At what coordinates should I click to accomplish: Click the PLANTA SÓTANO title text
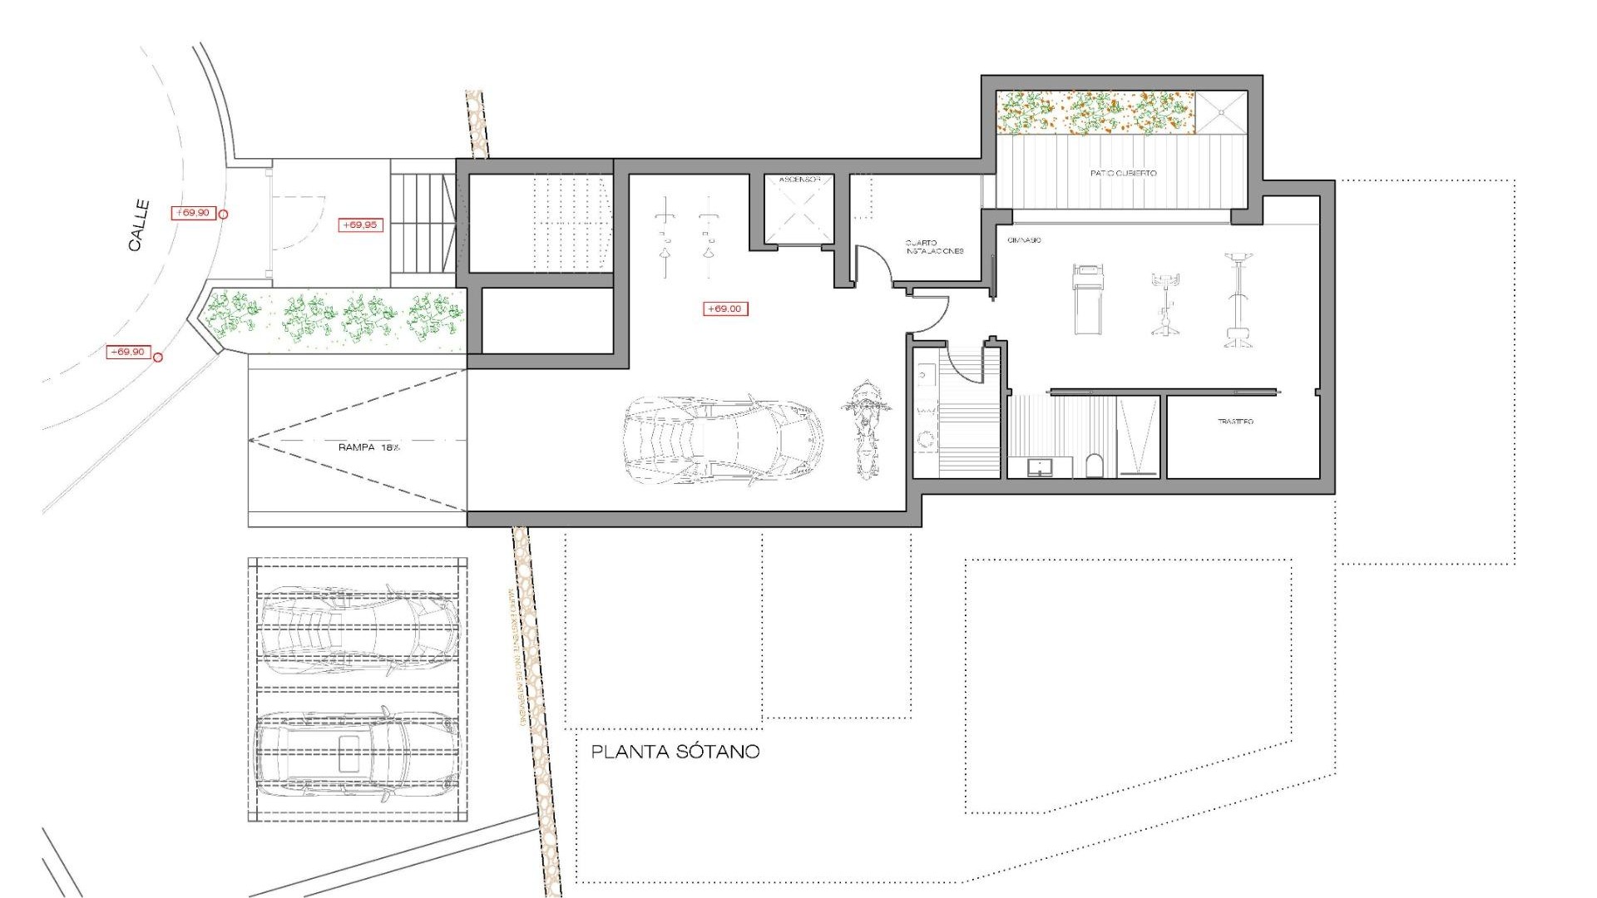675,752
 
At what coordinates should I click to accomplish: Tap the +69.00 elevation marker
725,308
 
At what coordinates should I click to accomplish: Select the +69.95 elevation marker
360,224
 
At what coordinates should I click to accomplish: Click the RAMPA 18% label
368,447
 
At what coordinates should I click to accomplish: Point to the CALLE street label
139,225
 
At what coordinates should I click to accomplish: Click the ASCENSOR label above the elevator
799,180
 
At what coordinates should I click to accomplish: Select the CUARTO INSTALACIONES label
933,247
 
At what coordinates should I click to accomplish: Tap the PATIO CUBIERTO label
1123,173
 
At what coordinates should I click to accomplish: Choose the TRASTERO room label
1235,422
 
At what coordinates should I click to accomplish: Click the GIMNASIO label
1024,240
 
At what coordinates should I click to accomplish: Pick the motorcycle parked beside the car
866,429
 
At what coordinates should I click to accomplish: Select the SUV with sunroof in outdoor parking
355,754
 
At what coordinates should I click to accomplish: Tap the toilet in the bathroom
1095,466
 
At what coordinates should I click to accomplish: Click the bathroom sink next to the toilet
1039,467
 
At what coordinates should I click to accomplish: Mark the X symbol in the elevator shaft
799,212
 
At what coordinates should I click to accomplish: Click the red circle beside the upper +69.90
222,215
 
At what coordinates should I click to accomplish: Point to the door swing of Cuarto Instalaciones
874,263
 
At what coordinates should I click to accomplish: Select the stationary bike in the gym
1164,303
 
